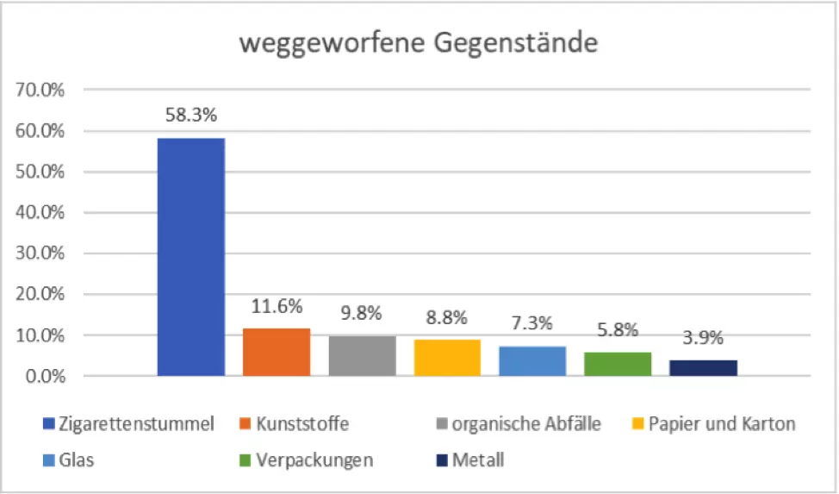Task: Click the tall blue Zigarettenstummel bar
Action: click(190, 256)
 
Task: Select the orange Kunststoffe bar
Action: click(276, 352)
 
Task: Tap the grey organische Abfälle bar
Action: click(362, 355)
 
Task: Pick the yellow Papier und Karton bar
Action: click(447, 357)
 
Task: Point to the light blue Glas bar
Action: click(532, 360)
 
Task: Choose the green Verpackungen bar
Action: click(618, 364)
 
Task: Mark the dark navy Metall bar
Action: click(703, 367)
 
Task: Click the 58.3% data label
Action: click(190, 116)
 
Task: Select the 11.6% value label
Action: click(276, 306)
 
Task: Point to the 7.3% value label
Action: click(532, 324)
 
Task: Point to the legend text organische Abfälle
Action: click(526, 424)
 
